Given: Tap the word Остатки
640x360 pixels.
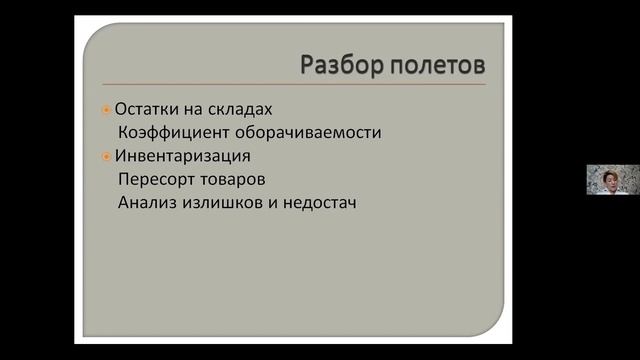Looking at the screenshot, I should tap(148, 109).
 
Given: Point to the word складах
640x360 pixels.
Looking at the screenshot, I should tap(239, 109).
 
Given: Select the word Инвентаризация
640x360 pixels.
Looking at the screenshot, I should tap(181, 156).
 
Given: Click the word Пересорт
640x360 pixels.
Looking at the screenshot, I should tap(156, 179).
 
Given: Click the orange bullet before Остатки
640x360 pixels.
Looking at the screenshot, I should tap(107, 109).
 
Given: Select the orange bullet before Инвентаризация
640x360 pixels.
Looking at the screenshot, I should tap(107, 156).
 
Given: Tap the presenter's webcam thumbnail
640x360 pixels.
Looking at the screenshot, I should tap(612, 180).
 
